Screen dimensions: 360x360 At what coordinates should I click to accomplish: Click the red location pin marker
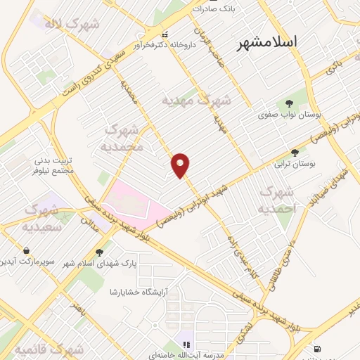tap(181, 165)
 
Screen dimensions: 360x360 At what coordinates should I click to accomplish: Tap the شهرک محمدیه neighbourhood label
tap(124, 138)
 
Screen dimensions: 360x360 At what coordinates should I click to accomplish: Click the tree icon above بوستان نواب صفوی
tap(289, 101)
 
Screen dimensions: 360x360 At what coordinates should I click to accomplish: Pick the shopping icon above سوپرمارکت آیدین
tap(26, 250)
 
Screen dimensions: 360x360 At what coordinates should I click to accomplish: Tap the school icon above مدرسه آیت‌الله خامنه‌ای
tap(186, 345)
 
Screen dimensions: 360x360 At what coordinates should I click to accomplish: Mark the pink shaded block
tap(134, 200)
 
